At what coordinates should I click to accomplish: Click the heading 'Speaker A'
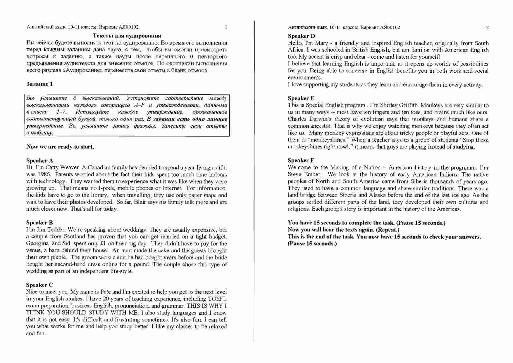pos(40,161)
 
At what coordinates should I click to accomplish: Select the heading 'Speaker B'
pos(39,223)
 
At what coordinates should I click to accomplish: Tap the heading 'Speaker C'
pos(39,285)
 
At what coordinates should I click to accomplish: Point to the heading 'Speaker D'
pos(301,36)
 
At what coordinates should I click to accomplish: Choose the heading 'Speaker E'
pos(301,98)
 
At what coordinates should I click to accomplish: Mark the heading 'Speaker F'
pos(301,160)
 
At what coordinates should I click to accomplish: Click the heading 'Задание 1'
pos(39,84)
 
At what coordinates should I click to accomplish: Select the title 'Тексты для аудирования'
pos(127,36)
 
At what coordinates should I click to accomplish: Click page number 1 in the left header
pos(226,27)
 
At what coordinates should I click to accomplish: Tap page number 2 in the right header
pos(487,28)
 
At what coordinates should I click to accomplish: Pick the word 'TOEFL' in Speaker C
pos(217,299)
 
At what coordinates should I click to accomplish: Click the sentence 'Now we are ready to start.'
pos(60,147)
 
